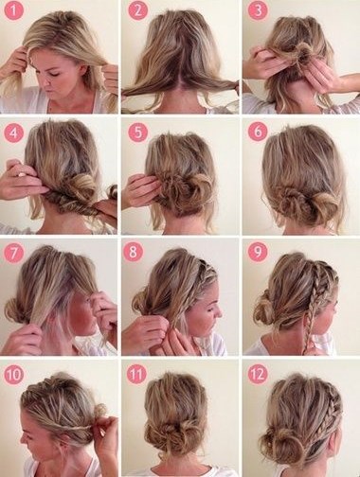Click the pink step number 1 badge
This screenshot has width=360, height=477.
click(14, 10)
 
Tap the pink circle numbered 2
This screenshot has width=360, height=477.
click(137, 10)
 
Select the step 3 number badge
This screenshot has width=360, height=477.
click(258, 10)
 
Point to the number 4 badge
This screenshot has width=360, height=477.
click(13, 133)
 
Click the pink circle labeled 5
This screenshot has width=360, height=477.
click(137, 132)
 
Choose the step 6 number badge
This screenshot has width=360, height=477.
click(258, 132)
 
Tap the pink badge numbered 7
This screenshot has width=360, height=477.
click(13, 254)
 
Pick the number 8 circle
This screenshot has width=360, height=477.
click(133, 252)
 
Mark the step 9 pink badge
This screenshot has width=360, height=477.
click(258, 252)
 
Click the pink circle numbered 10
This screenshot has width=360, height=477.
click(14, 374)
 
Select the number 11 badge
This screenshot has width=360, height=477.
click(136, 374)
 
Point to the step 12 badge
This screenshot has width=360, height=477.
click(258, 374)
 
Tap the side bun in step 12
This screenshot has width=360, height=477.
click(279, 443)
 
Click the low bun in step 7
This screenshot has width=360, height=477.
click(14, 310)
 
